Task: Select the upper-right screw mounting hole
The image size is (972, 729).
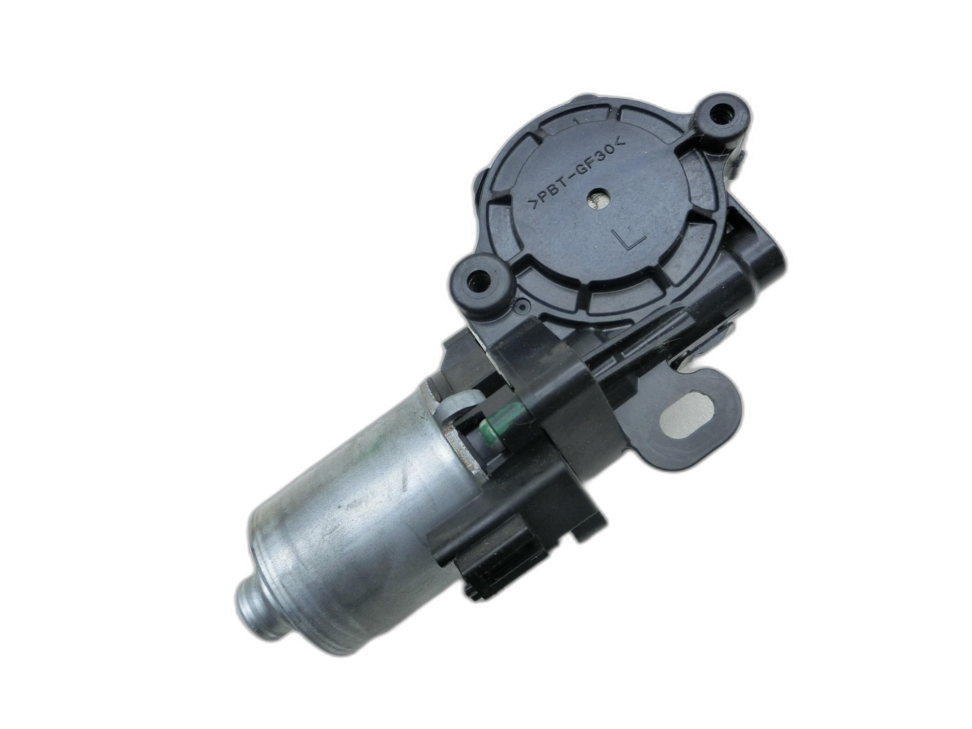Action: coord(718,113)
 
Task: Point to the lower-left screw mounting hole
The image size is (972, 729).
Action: coord(478,280)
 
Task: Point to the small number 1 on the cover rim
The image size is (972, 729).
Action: coord(576,121)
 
